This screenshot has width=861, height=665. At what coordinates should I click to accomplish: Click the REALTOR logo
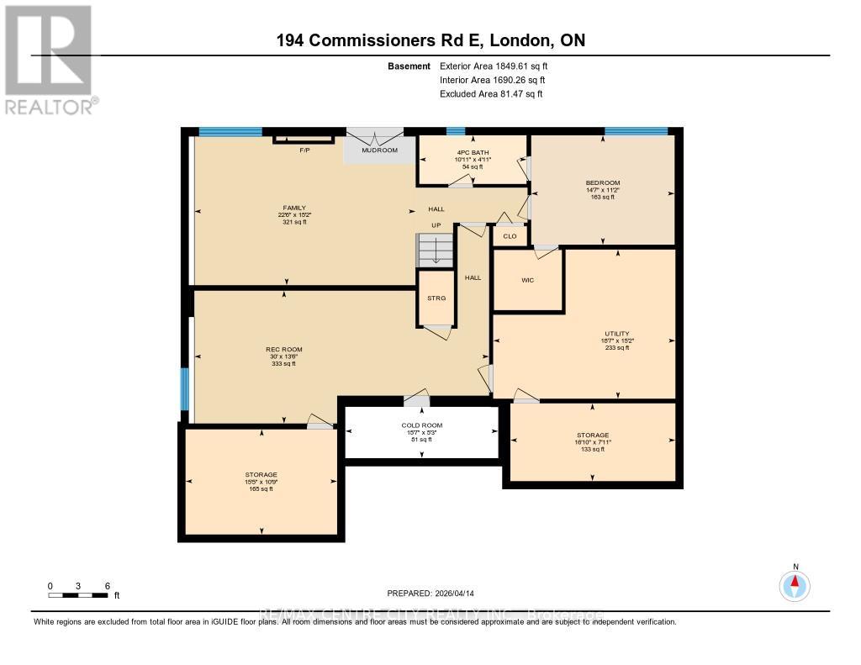(x=48, y=59)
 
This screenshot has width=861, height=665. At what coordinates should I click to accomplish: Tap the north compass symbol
(x=795, y=583)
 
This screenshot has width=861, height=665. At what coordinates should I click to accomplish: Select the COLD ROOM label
(x=421, y=425)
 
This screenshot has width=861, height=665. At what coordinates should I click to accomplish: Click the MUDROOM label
(x=379, y=150)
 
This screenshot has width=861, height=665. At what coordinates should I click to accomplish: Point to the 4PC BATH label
(x=472, y=151)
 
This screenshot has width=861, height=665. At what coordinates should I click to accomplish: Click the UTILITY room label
(x=616, y=333)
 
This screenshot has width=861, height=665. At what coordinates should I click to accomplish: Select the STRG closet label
(x=436, y=298)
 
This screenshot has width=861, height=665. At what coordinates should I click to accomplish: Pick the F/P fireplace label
(x=305, y=150)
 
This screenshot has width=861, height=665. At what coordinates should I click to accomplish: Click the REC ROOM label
(x=283, y=349)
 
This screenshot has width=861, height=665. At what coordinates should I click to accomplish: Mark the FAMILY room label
(x=293, y=208)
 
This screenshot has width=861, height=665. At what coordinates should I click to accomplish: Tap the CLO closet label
(x=510, y=236)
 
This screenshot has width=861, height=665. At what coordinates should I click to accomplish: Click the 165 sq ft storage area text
(x=261, y=488)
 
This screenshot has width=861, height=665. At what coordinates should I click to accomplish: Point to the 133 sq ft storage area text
(x=593, y=450)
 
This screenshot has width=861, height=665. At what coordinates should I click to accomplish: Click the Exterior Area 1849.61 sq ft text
(x=499, y=66)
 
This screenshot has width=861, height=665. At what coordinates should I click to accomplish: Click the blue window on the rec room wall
(x=185, y=388)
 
